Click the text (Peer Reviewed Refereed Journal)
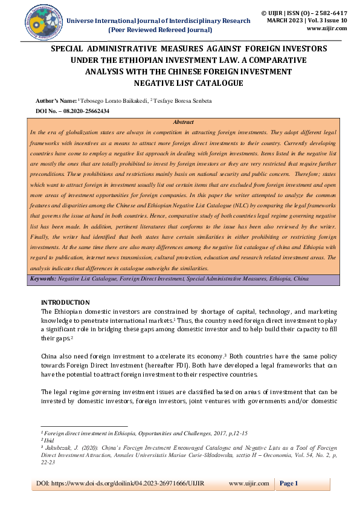point(160,29)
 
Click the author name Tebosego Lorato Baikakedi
point(115,100)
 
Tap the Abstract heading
point(183,122)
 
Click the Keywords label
point(42,279)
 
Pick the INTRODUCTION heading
point(65,302)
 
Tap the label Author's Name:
point(56,100)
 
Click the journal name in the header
point(158,21)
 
